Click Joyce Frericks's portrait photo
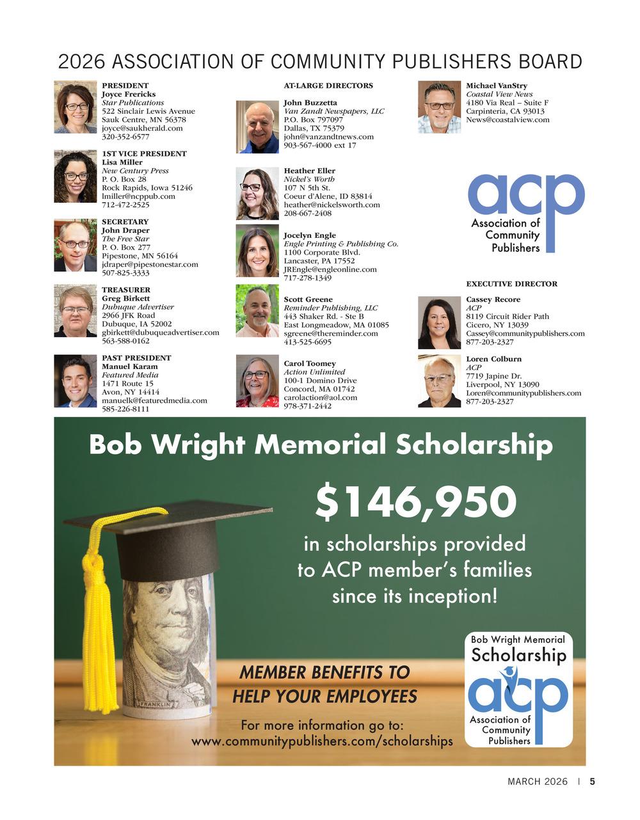tap(75, 107)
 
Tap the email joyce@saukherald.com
tap(142, 128)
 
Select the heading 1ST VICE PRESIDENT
tap(144, 154)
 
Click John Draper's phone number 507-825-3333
tap(125, 273)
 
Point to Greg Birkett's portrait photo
tap(75, 311)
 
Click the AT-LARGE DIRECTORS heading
tap(328, 86)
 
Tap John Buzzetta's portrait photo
tap(257, 127)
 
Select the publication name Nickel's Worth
tap(309, 179)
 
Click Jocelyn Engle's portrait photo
tap(257, 251)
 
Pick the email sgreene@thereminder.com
tap(331, 333)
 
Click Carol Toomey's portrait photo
tap(257, 381)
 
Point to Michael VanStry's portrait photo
tap(439, 107)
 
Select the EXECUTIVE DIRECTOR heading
tap(511, 284)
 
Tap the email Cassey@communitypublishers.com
tap(525, 333)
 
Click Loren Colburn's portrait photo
tap(439, 381)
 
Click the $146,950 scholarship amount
tap(415, 502)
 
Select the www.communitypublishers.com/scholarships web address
tap(322, 741)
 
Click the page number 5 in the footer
tap(592, 782)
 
